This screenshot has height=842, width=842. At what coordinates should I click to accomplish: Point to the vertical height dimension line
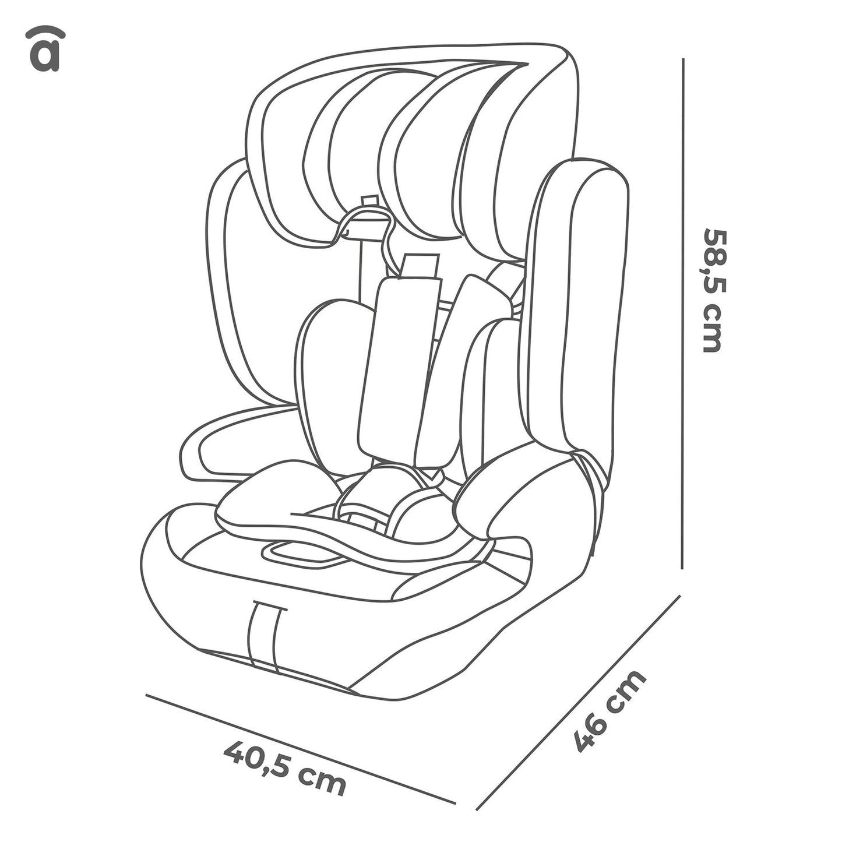click(682, 313)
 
